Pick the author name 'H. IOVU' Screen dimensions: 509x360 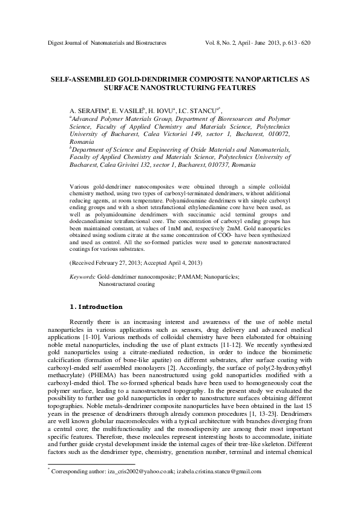tap(160, 112)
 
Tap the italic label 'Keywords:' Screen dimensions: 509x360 tap(83, 276)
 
